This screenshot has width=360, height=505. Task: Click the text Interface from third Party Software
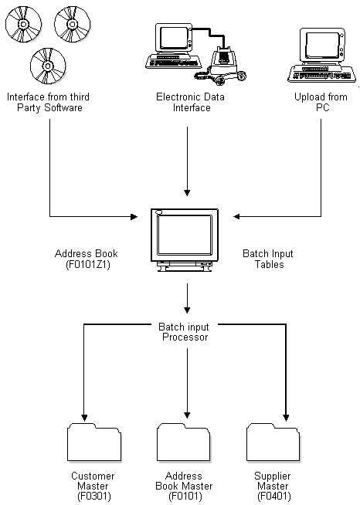pos(44,103)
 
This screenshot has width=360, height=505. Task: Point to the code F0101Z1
pos(87,264)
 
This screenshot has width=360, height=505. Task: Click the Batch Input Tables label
pos(269,259)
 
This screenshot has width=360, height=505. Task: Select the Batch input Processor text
pos(185,332)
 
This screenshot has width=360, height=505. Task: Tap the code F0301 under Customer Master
pos(92,497)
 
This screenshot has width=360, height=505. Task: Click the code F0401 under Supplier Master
pos(273,497)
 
